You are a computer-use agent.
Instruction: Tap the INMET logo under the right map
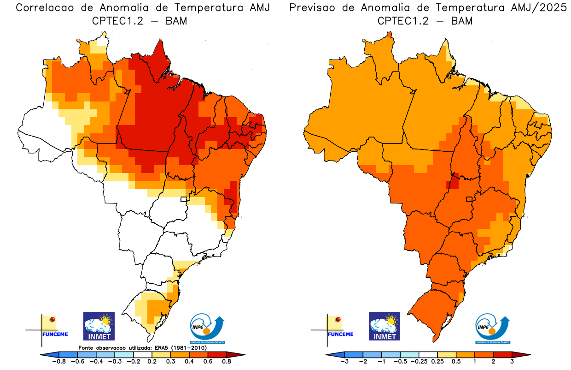pos(385,326)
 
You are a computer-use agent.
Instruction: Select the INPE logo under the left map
pos(208,329)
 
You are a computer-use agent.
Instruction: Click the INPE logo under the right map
pos(493,329)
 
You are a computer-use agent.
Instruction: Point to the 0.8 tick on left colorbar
pos(226,362)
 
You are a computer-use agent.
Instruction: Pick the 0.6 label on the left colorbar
pos(208,362)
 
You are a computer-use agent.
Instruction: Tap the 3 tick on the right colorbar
pos(512,362)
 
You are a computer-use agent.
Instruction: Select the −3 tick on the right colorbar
pos(344,362)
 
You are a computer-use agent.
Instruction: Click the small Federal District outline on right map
pos(470,199)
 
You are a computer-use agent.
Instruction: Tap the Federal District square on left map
pos(184,199)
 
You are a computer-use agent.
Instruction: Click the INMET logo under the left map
pos(99,326)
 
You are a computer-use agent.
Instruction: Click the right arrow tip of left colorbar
pos(243,354)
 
